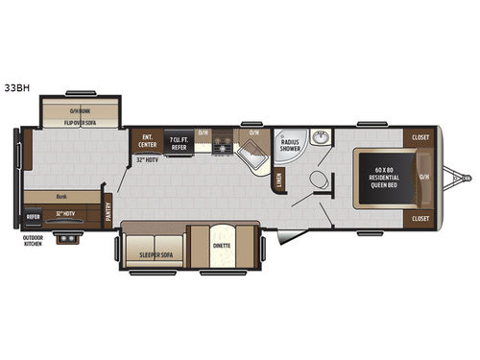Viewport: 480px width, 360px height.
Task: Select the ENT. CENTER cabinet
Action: click(147, 141)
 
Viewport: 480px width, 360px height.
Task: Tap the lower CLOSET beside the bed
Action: click(420, 219)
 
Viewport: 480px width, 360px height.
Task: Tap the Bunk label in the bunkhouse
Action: click(60, 195)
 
